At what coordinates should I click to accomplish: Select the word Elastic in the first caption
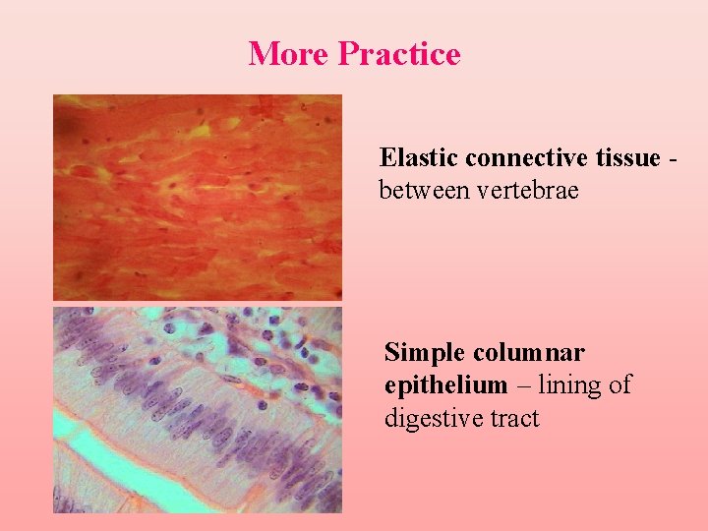point(419,157)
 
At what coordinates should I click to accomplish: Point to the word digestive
point(432,418)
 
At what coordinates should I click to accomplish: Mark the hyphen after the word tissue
point(672,159)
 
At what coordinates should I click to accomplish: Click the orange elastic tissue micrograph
point(197,197)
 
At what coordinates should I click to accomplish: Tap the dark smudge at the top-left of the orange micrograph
point(67,126)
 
